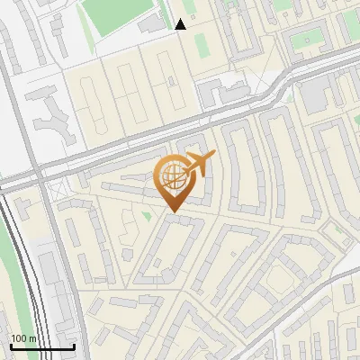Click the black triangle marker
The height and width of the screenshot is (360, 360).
[181, 24]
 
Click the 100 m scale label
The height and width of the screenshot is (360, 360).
[23, 338]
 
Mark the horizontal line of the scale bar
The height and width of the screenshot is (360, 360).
[42, 346]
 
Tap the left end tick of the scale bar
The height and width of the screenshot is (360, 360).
[11, 346]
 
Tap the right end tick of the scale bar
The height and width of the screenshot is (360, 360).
[74, 346]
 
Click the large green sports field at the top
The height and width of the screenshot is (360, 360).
[121, 15]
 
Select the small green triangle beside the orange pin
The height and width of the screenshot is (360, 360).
[146, 216]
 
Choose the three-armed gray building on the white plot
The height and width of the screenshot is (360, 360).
[54, 112]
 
